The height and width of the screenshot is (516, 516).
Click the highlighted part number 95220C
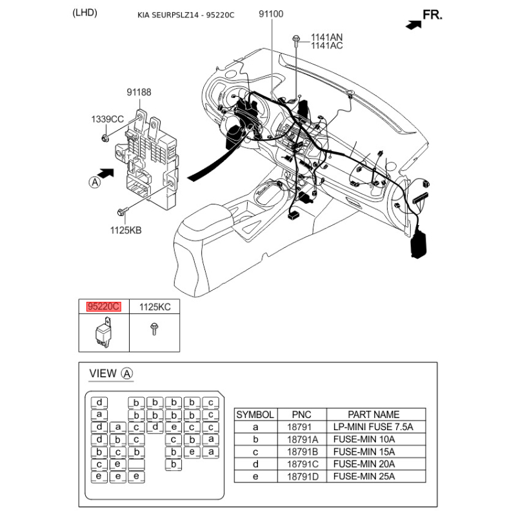pyautogui.click(x=104, y=307)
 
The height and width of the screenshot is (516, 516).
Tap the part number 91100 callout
pyautogui.click(x=271, y=14)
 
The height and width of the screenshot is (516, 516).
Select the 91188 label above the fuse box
pyautogui.click(x=139, y=92)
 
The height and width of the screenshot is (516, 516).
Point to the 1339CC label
pyautogui.click(x=107, y=119)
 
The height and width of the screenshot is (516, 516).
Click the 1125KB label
pyautogui.click(x=126, y=230)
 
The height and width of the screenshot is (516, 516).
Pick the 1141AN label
pyautogui.click(x=326, y=37)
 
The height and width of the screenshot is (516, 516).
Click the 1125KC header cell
pyautogui.click(x=155, y=307)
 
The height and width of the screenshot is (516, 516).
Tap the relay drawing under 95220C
pyautogui.click(x=103, y=332)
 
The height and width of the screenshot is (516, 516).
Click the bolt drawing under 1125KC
pyautogui.click(x=154, y=329)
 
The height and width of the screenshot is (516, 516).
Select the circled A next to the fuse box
pyautogui.click(x=95, y=182)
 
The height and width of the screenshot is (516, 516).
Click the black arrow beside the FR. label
pyautogui.click(x=413, y=25)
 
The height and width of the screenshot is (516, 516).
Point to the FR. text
pyautogui.click(x=432, y=15)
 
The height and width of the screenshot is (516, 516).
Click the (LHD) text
pyautogui.click(x=85, y=13)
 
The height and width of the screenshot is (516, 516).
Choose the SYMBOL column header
pyautogui.click(x=255, y=415)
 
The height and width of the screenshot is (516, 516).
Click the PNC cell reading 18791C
pyautogui.click(x=303, y=464)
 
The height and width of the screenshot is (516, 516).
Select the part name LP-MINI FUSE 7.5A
pyautogui.click(x=373, y=427)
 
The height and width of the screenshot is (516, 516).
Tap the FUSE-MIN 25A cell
pyautogui.click(x=364, y=476)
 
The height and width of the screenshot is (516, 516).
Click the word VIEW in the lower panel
pyautogui.click(x=103, y=373)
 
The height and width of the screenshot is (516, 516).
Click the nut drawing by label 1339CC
pyautogui.click(x=105, y=138)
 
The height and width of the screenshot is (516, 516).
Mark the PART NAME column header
pyautogui.click(x=373, y=414)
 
